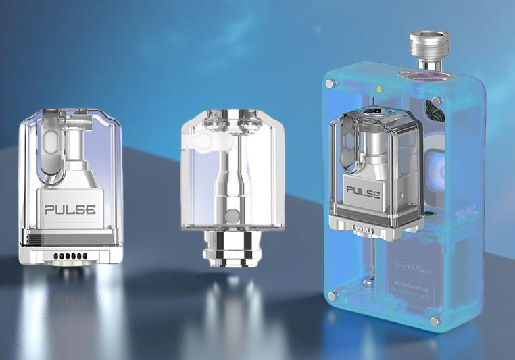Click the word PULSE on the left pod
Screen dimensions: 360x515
[70, 209]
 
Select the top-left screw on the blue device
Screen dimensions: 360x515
[329, 83]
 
